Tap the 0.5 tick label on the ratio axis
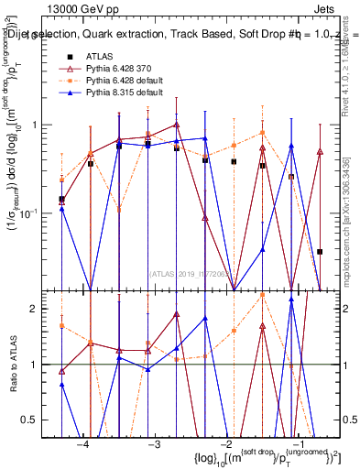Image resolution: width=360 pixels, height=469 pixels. click(45, 420)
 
